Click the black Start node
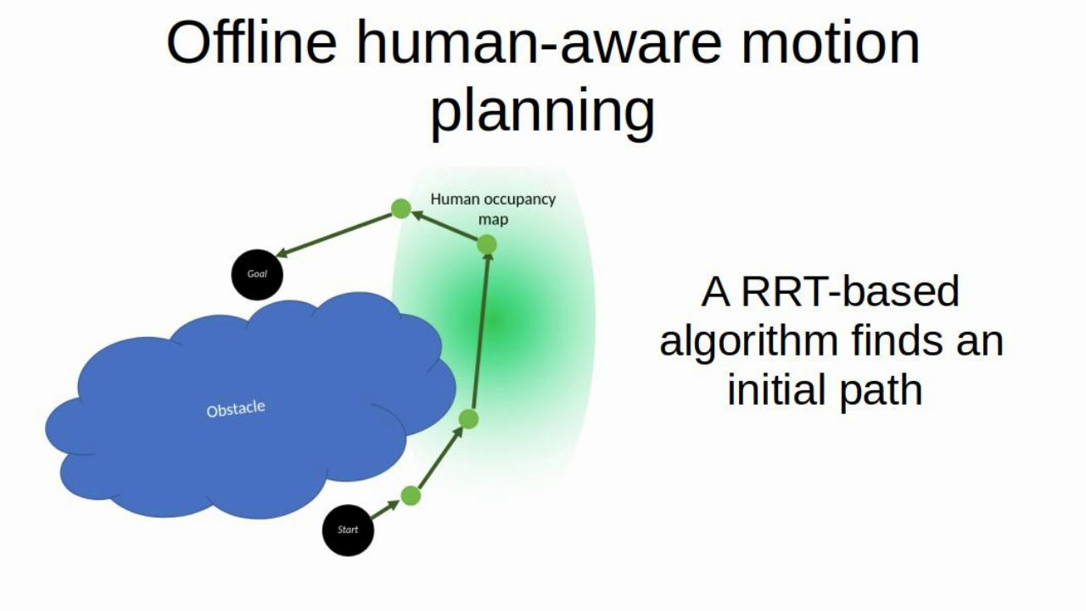point(348,530)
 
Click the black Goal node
point(257,274)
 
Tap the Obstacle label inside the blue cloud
point(236,409)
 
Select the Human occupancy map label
point(493,209)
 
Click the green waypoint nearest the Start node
point(411,496)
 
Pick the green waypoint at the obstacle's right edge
point(468,418)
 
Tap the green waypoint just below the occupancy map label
point(486,244)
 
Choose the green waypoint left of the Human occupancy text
point(400,208)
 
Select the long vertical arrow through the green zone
point(479,331)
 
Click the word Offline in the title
point(251,43)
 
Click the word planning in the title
point(542,112)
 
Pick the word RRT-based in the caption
point(850,292)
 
